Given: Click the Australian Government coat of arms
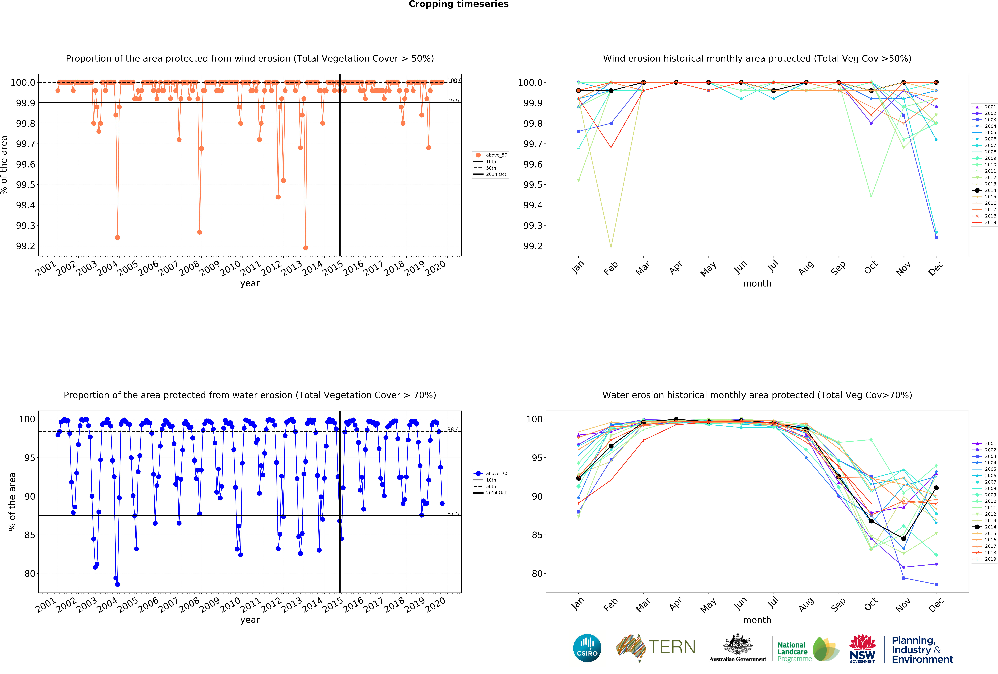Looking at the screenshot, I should pyautogui.click(x=737, y=644).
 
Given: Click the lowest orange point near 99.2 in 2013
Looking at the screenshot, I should pyautogui.click(x=305, y=248).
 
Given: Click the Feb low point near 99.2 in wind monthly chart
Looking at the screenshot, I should pyautogui.click(x=611, y=247).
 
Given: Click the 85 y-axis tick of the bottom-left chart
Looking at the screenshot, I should pyautogui.click(x=30, y=535).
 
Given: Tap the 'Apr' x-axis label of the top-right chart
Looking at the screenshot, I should pyautogui.click(x=675, y=268).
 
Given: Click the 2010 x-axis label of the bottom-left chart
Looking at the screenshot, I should pyautogui.click(x=230, y=604).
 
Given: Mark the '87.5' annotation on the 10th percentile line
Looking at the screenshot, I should pyautogui.click(x=453, y=513).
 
